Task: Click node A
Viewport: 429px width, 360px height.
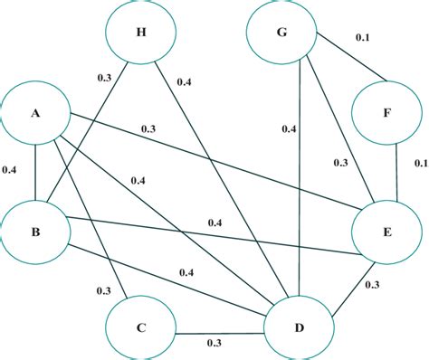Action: (35, 115)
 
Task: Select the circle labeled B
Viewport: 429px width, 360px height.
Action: (35, 232)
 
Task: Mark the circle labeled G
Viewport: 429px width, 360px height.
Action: (281, 34)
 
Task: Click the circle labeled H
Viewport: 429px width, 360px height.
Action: (140, 34)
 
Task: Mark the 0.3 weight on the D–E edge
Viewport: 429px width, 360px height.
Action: (371, 285)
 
